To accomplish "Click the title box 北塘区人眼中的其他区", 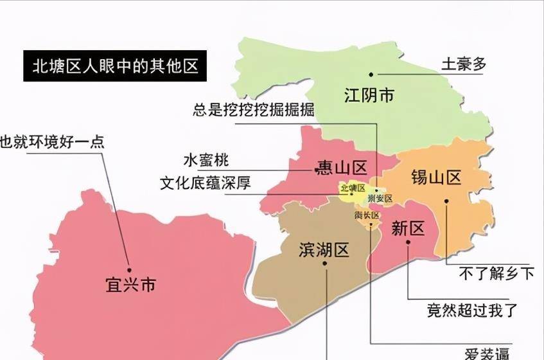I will [x=115, y=66].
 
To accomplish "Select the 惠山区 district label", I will [x=340, y=168].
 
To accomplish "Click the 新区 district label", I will [x=408, y=228].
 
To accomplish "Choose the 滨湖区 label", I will [x=324, y=250].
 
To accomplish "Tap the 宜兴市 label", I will [x=130, y=285].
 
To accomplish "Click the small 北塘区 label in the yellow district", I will [x=353, y=188].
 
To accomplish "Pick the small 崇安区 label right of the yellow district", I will [x=380, y=199].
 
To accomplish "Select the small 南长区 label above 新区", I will [x=367, y=216].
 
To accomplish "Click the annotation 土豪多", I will [x=464, y=64].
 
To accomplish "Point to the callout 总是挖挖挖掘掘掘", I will [x=254, y=109].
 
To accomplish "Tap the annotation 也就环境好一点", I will [x=52, y=141].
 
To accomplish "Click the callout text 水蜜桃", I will [x=206, y=159].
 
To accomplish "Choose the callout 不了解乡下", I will [x=496, y=273].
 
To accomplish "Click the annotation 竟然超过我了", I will [x=472, y=310].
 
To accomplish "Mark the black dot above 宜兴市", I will [x=128, y=270].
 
